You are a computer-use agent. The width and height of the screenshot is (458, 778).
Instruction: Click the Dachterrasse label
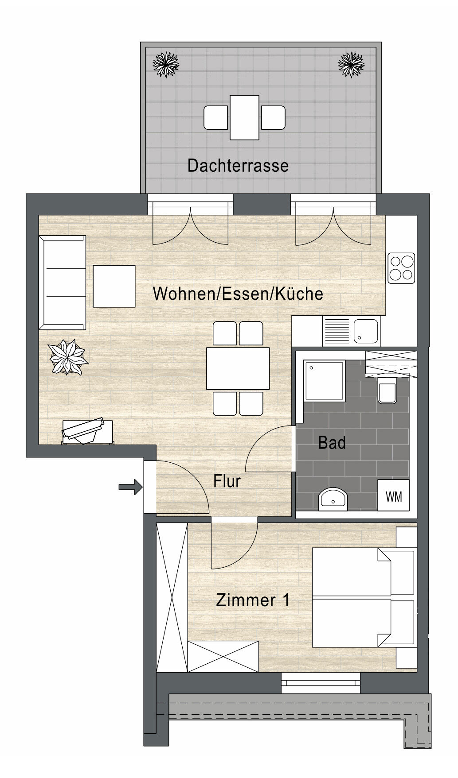pyautogui.click(x=238, y=166)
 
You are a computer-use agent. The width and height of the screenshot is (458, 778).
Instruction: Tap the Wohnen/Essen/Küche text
pyautogui.click(x=238, y=294)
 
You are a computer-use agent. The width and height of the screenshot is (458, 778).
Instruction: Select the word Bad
pyautogui.click(x=332, y=442)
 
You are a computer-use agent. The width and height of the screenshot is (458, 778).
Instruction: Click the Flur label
pyautogui.click(x=227, y=481)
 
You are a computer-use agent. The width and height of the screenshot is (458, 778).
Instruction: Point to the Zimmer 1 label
pyautogui.click(x=253, y=600)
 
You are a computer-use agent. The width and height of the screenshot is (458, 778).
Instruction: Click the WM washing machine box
pyautogui.click(x=394, y=496)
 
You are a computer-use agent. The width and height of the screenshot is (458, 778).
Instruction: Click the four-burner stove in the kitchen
pyautogui.click(x=401, y=268)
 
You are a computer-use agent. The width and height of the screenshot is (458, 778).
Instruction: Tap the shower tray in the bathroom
pyautogui.click(x=324, y=380)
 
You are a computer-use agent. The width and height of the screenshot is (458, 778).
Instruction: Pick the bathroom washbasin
pyautogui.click(x=333, y=499)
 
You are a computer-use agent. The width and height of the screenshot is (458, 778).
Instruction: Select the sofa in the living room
pyautogui.click(x=63, y=283)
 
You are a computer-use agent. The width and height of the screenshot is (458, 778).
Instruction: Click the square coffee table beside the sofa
pyautogui.click(x=114, y=286)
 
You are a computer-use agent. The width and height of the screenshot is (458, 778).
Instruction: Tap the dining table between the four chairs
pyautogui.click(x=238, y=368)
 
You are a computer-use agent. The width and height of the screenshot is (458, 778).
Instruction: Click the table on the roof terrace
pyautogui.click(x=244, y=117)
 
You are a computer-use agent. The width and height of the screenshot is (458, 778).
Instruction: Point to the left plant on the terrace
pyautogui.click(x=166, y=64)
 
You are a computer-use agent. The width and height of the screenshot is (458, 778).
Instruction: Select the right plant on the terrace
pyautogui.click(x=351, y=64)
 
